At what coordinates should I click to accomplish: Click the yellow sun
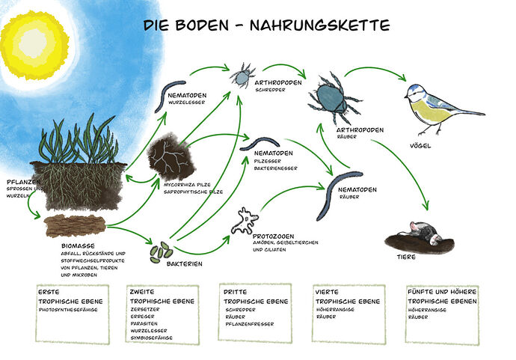(34, 45)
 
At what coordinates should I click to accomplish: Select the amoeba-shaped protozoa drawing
(245, 221)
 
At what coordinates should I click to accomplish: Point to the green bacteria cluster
(161, 252)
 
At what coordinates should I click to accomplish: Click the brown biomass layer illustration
(76, 225)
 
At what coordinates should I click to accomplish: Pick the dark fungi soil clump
(171, 157)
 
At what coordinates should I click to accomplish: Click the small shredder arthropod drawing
(242, 76)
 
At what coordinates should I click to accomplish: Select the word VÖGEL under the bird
(420, 146)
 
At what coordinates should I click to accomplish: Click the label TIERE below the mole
(406, 257)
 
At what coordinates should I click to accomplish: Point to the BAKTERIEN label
(184, 263)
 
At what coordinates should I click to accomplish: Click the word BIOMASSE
(78, 245)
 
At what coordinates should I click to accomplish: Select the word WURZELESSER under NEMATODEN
(187, 103)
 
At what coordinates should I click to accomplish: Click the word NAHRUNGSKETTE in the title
(319, 25)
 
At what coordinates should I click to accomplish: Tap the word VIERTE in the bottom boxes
(327, 292)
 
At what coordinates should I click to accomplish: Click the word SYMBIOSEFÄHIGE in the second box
(151, 338)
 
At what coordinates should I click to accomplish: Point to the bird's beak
(406, 97)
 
